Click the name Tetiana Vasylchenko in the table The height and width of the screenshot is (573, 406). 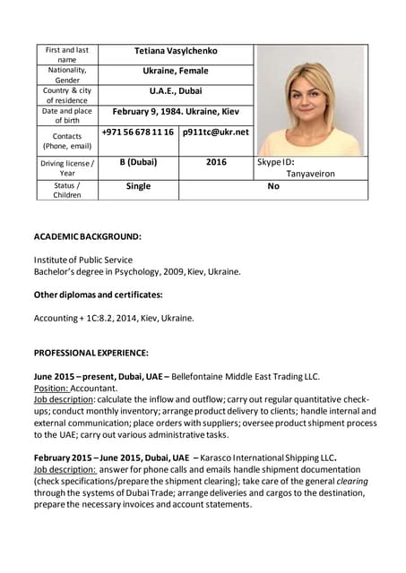[176, 51]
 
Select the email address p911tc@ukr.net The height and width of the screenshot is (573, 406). [215, 132]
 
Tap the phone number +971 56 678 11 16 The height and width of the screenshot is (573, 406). [138, 132]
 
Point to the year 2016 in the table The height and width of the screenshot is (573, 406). [216, 162]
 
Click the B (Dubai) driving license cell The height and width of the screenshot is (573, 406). [138, 162]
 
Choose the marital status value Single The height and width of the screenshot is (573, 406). [138, 186]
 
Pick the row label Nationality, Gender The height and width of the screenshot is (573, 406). [67, 74]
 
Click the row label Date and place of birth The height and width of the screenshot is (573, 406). [67, 115]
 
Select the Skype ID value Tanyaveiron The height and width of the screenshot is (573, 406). [310, 174]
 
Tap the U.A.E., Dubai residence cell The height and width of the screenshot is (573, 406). [176, 90]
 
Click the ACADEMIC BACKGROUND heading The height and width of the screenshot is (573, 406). [87, 236]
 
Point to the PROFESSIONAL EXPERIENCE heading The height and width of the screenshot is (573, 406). [91, 353]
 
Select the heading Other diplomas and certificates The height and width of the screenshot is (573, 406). [99, 295]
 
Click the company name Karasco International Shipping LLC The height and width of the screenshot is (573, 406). [270, 458]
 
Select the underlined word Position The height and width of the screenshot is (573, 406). [50, 389]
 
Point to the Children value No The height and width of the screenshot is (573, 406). [273, 186]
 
